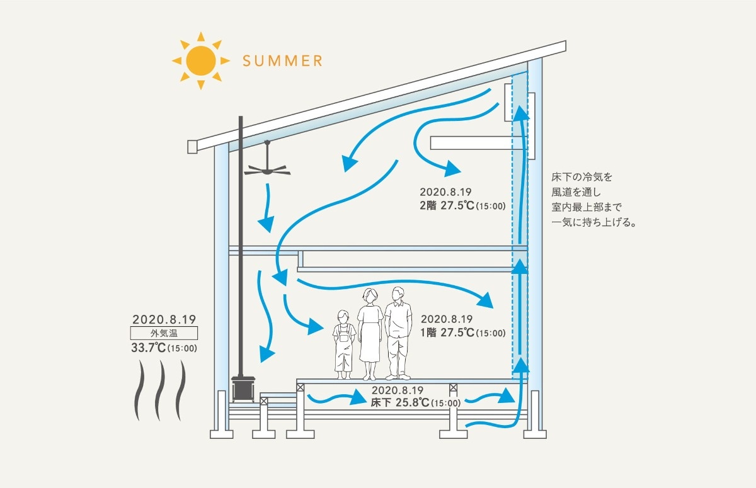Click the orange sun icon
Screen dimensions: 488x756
(197, 60)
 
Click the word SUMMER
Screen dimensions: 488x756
(283, 61)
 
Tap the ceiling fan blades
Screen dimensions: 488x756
(268, 169)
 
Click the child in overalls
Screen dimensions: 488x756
(343, 344)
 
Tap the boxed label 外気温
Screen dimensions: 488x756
(164, 333)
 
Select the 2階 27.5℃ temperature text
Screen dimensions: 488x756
(463, 205)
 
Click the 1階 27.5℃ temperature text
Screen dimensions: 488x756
(463, 332)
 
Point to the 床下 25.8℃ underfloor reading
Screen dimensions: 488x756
(416, 402)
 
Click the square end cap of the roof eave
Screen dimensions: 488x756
(193, 147)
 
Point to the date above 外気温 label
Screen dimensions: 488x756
(164, 319)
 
